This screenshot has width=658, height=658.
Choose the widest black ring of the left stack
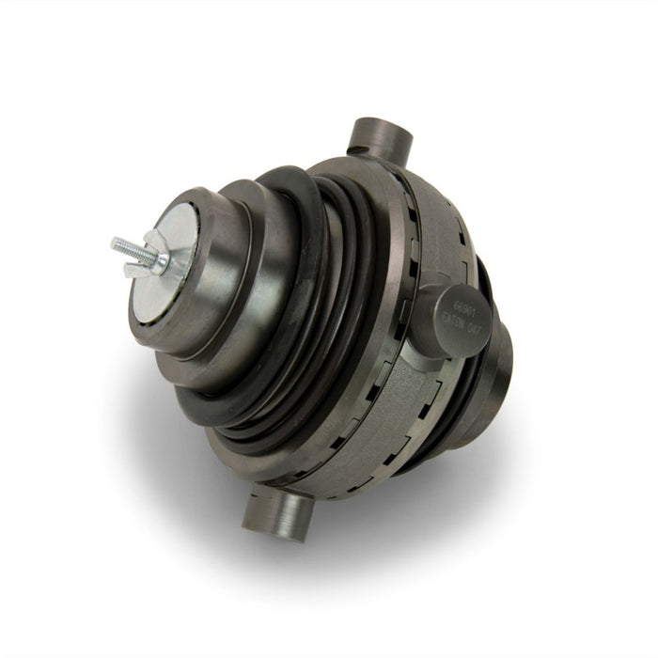click(310, 310)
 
